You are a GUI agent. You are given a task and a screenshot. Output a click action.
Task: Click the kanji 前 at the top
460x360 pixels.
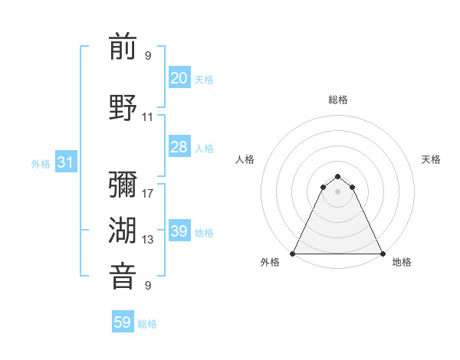(x=123, y=47)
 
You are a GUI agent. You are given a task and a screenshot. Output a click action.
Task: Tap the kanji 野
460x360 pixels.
(x=123, y=107)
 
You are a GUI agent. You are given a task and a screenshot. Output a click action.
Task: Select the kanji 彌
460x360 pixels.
(x=123, y=185)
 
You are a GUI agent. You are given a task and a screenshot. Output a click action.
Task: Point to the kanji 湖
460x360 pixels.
(x=123, y=231)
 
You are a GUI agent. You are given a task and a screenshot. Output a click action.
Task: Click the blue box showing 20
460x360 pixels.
(x=179, y=78)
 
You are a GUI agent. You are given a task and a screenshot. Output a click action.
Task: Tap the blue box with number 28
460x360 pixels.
(x=179, y=147)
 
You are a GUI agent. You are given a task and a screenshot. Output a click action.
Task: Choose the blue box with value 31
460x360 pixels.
(x=65, y=162)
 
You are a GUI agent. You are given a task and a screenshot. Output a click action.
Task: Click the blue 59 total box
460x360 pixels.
(x=123, y=322)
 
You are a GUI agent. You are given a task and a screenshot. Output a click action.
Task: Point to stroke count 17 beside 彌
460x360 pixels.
(x=148, y=194)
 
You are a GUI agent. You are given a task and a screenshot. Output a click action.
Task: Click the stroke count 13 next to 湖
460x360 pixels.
(x=148, y=240)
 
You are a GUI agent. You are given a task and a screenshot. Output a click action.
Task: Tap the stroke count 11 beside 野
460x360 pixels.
(x=148, y=117)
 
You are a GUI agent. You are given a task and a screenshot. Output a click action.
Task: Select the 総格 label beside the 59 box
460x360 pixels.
(x=147, y=324)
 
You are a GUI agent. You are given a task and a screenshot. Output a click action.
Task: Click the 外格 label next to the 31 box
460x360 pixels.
(x=41, y=163)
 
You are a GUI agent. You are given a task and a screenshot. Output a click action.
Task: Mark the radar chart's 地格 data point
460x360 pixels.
(x=382, y=254)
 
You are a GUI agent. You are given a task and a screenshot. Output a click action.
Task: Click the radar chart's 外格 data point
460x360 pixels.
(x=293, y=254)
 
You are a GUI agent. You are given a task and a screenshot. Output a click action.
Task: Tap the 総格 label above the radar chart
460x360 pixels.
(x=337, y=100)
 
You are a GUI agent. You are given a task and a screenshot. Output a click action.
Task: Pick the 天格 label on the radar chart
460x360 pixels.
(x=431, y=159)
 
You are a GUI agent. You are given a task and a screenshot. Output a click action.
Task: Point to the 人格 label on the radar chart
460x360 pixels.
(x=245, y=159)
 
